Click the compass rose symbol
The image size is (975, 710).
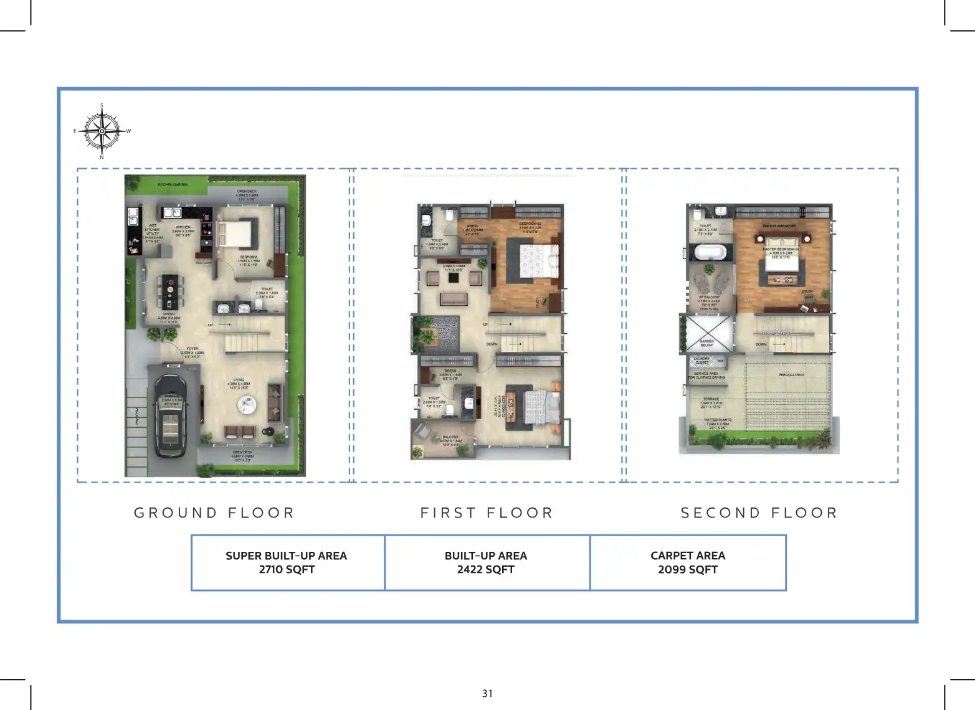[102, 131]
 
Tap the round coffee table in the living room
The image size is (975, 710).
[247, 405]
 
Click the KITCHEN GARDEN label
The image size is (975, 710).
[173, 185]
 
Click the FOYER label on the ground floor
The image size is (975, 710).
[192, 349]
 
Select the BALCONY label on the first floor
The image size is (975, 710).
[450, 437]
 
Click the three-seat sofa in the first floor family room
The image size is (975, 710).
[454, 299]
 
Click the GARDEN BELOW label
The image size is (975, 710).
[706, 343]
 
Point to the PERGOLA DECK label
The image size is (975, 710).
[791, 375]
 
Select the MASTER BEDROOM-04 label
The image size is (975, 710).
[781, 249]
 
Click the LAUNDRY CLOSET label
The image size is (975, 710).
[702, 361]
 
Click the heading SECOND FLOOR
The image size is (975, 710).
[759, 513]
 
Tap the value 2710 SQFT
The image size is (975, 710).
[287, 569]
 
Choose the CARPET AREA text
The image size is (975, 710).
[688, 556]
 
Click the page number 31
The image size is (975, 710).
[487, 693]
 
